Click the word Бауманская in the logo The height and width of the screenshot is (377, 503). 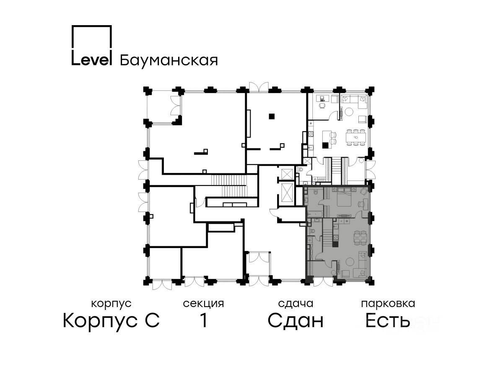169,60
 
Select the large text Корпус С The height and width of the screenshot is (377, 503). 111,321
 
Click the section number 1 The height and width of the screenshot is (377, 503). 203,321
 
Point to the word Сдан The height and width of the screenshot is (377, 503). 296,321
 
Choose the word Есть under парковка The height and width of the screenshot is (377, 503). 387,321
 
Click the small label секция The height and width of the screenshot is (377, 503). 203,304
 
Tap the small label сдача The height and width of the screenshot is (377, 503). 296,304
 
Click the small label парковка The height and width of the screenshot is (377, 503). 388,304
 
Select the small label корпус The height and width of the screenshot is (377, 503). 111,304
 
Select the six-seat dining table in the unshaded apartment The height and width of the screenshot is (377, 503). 356,137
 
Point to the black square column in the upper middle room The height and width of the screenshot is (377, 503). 272,116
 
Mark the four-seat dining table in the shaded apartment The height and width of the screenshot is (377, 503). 359,239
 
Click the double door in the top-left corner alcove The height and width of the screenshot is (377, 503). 175,106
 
